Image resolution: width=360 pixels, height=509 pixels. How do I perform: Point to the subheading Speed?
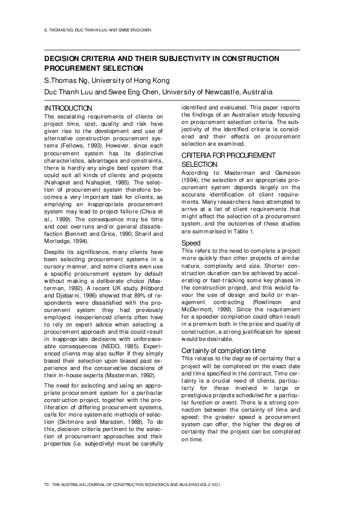(x=192, y=243)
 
